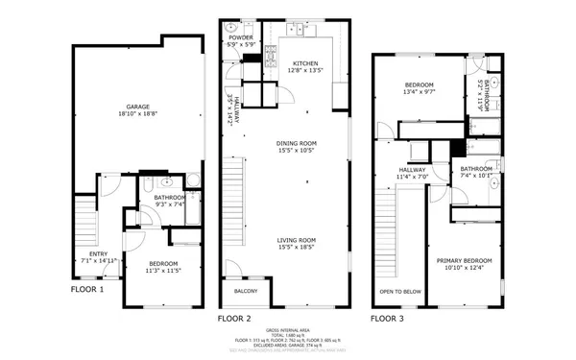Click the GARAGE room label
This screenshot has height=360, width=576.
137,106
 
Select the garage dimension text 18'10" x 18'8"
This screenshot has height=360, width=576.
137,114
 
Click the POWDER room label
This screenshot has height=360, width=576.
241,37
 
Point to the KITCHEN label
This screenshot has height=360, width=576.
304,63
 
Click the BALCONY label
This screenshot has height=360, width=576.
246,291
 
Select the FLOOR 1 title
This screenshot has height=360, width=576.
87,288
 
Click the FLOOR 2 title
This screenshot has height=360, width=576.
234,317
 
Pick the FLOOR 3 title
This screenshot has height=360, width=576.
388,317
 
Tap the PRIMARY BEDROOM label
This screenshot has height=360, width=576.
465,260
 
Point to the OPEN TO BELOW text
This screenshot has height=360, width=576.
399,291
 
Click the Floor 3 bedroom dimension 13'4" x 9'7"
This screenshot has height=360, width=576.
418,93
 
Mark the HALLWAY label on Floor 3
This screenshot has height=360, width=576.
411,170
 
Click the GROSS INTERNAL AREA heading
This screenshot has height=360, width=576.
287,327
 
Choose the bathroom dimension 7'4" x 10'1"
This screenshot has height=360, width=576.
476,176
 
